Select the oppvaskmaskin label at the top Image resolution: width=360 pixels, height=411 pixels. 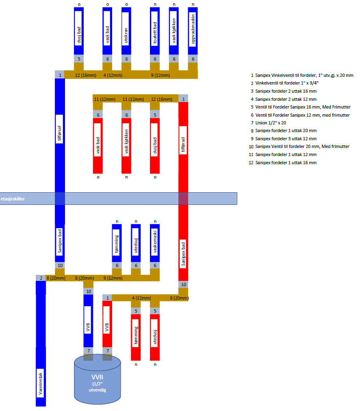click(x=193, y=29)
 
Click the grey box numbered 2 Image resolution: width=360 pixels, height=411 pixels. click(x=41, y=278)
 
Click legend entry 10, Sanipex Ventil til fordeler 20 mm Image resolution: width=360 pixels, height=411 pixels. click(x=299, y=146)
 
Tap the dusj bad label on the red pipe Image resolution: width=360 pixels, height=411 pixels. click(x=155, y=146)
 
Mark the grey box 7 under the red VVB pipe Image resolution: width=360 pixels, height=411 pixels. click(x=107, y=350)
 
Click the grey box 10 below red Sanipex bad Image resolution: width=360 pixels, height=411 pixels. click(x=183, y=284)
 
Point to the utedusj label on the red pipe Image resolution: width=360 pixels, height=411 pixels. click(x=155, y=337)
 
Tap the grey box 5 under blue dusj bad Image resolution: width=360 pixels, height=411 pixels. click(x=78, y=59)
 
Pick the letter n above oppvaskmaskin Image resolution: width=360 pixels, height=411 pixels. click(x=193, y=4)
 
